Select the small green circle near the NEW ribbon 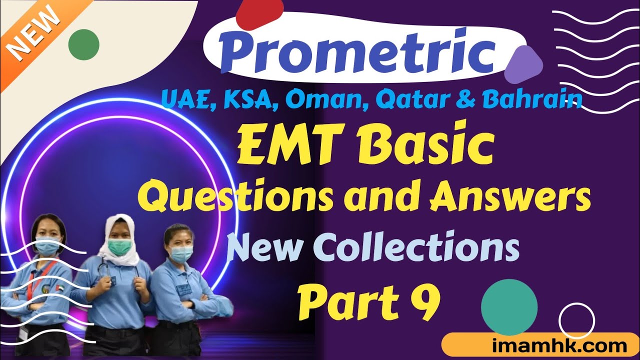pos(83,44)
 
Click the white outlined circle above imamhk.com pos(576,321)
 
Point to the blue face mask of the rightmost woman pos(181,254)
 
